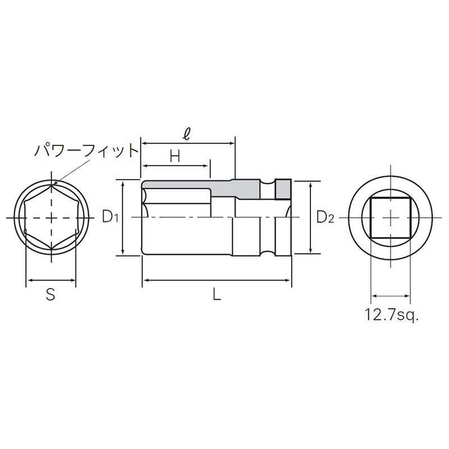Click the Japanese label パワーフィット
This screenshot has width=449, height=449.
click(x=86, y=150)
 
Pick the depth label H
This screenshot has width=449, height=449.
click(x=175, y=156)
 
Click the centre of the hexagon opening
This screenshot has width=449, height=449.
click(x=51, y=218)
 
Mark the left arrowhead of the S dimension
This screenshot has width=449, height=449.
click(x=29, y=280)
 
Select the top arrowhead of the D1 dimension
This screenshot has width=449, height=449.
click(x=122, y=183)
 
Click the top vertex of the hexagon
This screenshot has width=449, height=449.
click(x=51, y=184)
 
